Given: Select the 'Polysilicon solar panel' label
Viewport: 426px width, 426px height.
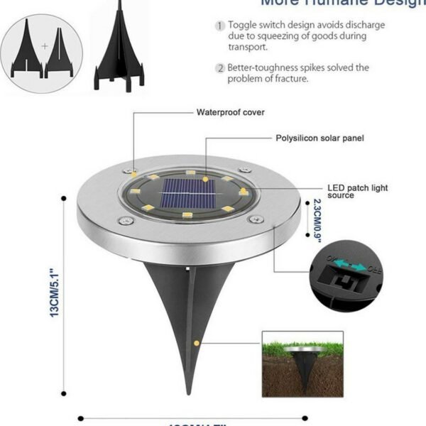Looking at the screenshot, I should [319, 138].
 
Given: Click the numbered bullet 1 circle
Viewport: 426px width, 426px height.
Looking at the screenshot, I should [220, 26].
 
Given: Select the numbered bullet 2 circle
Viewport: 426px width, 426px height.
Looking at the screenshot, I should [220, 68].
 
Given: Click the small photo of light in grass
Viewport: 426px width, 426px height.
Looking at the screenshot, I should [303, 368].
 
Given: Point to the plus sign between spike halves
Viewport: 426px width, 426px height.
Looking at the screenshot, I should [44, 46].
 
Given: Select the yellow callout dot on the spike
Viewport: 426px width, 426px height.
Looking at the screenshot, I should [195, 344].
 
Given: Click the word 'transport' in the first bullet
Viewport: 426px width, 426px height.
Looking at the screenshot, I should [247, 47].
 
